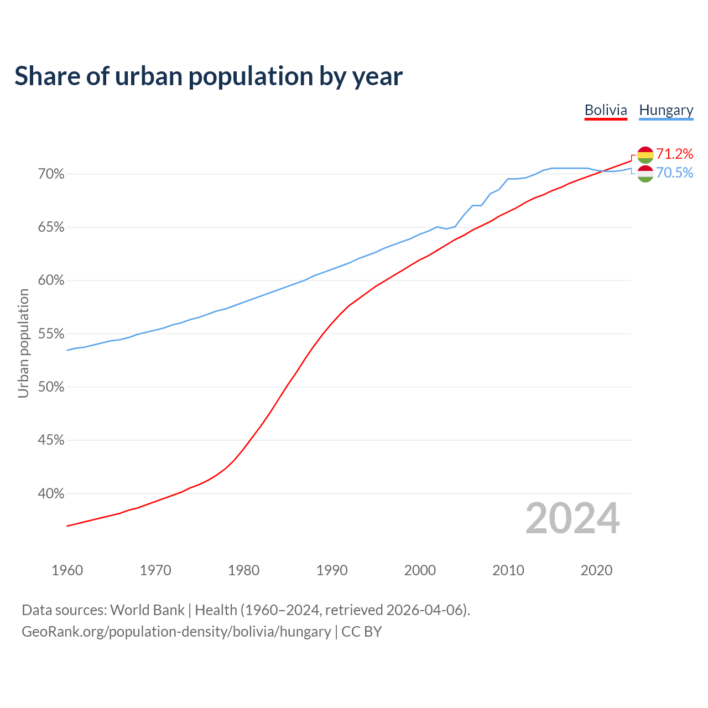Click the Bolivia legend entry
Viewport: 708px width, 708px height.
point(606,110)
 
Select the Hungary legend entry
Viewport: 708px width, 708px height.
point(666,110)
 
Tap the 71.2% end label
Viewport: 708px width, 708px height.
point(675,154)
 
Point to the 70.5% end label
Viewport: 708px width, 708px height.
point(675,173)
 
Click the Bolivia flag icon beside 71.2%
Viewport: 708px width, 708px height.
point(645,155)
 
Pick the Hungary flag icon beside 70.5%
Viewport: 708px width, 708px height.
point(645,174)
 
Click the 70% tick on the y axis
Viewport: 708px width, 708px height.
point(51,174)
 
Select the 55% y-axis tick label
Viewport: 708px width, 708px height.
point(51,334)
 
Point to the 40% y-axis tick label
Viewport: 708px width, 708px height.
point(51,494)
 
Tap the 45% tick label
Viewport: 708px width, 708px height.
point(51,440)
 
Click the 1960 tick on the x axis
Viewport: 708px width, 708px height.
point(67,570)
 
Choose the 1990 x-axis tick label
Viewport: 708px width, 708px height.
point(332,570)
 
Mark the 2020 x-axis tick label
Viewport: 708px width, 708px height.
point(596,570)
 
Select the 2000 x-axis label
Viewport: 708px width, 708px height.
point(420,570)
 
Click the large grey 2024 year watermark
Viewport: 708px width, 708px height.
point(572,518)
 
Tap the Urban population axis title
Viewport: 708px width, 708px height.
point(23,343)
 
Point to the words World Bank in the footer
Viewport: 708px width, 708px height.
point(147,610)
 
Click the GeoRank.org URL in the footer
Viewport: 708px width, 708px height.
point(176,632)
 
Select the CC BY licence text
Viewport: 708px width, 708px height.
point(362,632)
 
